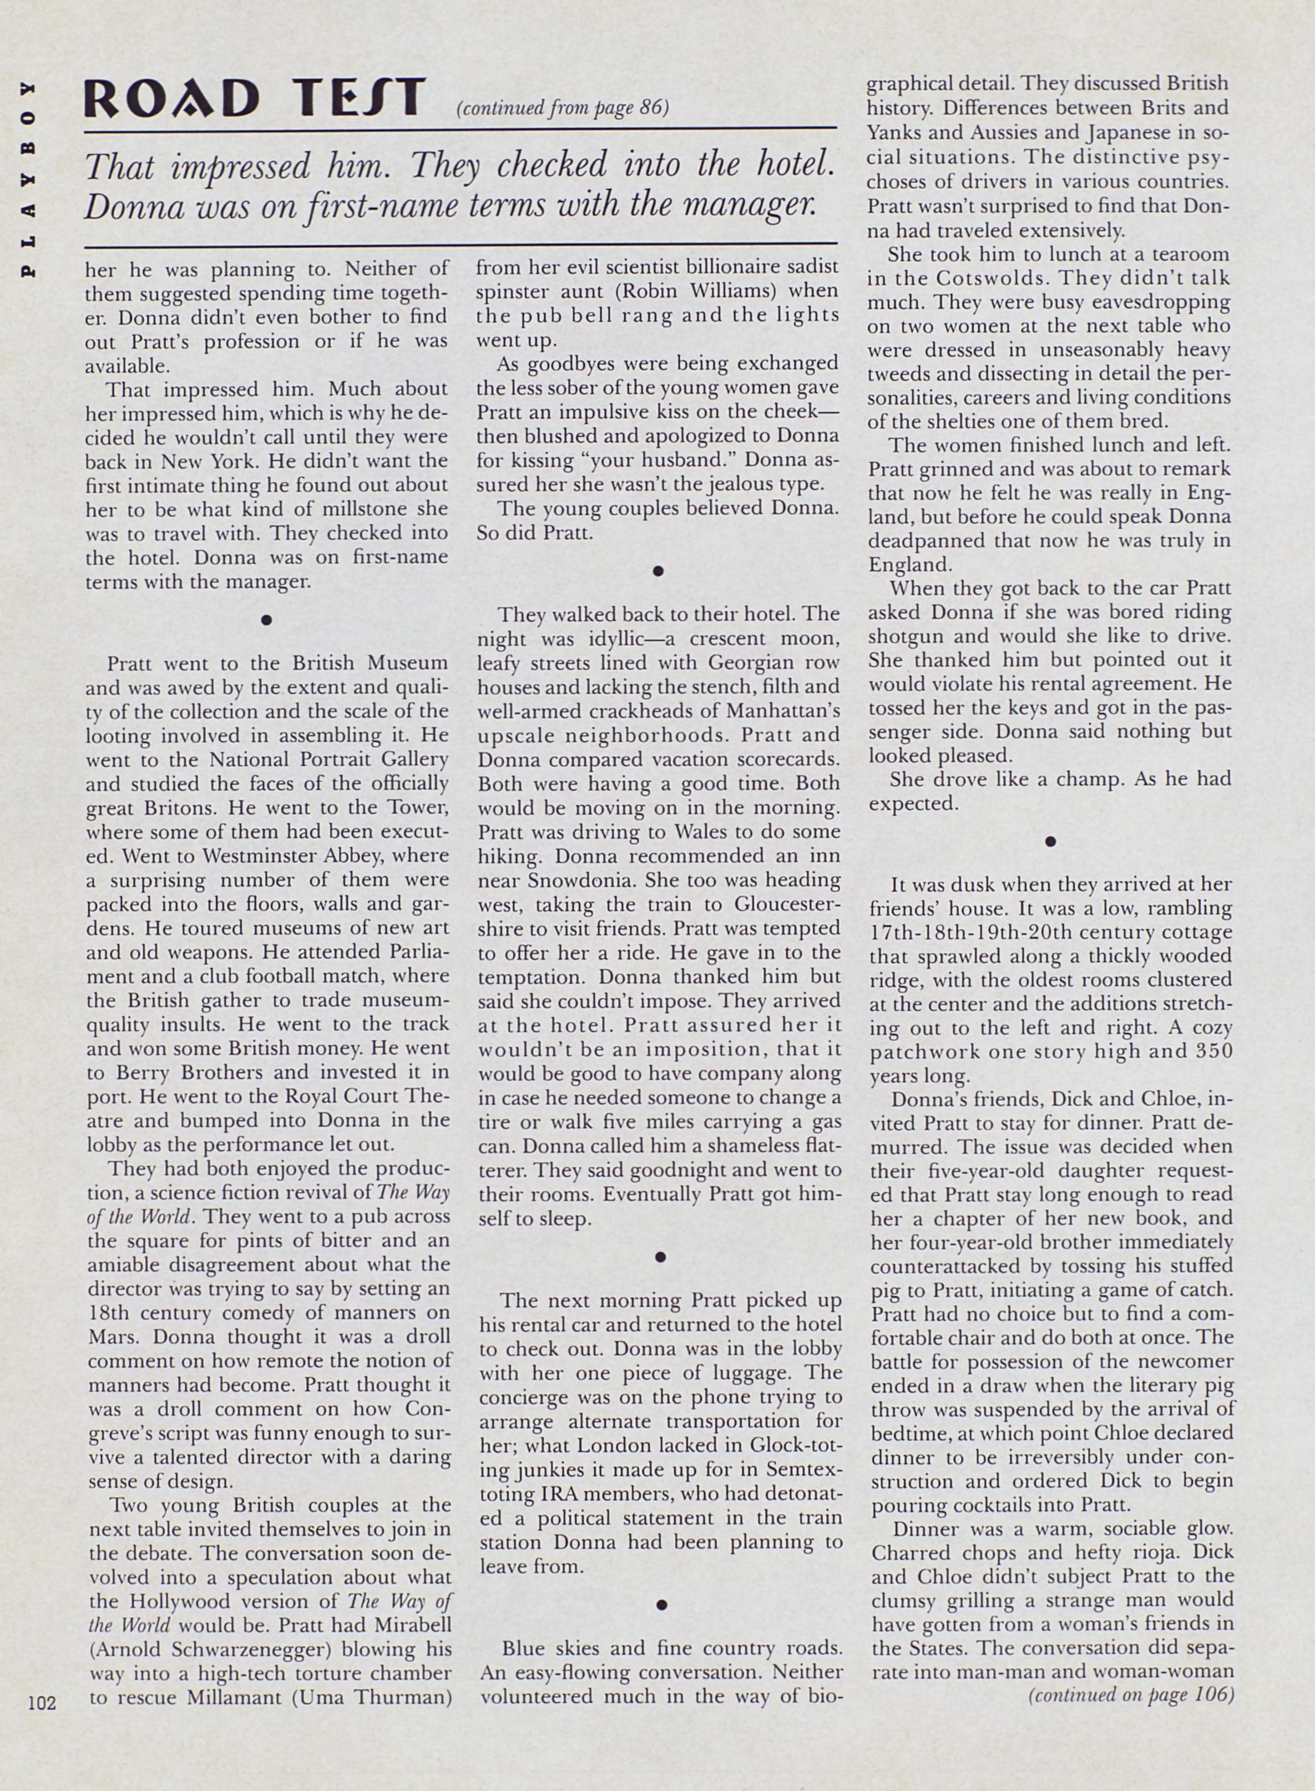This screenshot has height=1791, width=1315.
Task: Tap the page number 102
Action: tap(42, 1703)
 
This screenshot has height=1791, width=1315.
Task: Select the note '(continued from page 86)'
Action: tap(562, 108)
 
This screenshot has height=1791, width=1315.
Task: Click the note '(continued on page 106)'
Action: tap(1130, 1694)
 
